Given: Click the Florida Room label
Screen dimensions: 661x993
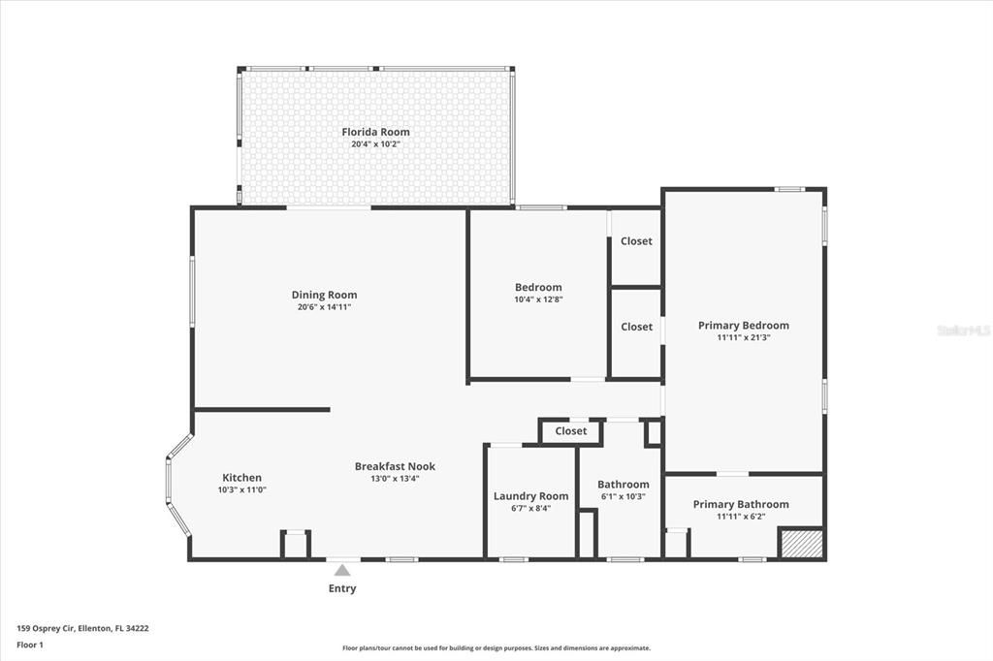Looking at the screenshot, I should coord(375,132).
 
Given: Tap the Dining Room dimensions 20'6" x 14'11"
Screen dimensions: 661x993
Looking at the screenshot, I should coord(324,307).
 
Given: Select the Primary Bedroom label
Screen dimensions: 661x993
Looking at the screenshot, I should coord(743,326).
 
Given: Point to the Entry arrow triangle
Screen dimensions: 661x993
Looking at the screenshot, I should coord(342,571).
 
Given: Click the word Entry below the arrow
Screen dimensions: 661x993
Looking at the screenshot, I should coord(342,588).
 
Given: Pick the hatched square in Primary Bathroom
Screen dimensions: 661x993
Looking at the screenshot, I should coord(802,543).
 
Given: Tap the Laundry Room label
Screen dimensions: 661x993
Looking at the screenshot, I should coord(530,496).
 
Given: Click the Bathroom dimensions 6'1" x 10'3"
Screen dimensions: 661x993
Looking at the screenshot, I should coord(623,496).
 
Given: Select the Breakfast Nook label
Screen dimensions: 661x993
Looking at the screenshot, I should coord(387,466).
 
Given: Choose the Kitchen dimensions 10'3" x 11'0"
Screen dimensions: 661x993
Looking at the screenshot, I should coord(241,489).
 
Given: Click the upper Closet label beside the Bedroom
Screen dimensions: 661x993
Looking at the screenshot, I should coord(636,241).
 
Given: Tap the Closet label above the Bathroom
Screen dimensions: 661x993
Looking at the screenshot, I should coord(571,431).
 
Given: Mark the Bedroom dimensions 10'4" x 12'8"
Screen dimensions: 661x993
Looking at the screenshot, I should coord(538,299).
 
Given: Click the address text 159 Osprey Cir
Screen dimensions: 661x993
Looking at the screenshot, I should coord(82,628).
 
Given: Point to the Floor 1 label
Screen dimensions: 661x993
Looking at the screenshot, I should coord(30,644).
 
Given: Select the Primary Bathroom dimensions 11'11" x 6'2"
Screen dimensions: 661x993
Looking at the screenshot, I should coord(741,517).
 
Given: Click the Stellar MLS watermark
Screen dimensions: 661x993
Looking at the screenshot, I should coord(963,330).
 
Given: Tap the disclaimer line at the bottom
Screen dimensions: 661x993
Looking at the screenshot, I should coord(496,648).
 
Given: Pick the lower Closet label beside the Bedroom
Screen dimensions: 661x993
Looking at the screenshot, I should coord(636,327).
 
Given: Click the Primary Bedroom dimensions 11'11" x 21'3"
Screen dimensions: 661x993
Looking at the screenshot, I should coord(743,338).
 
